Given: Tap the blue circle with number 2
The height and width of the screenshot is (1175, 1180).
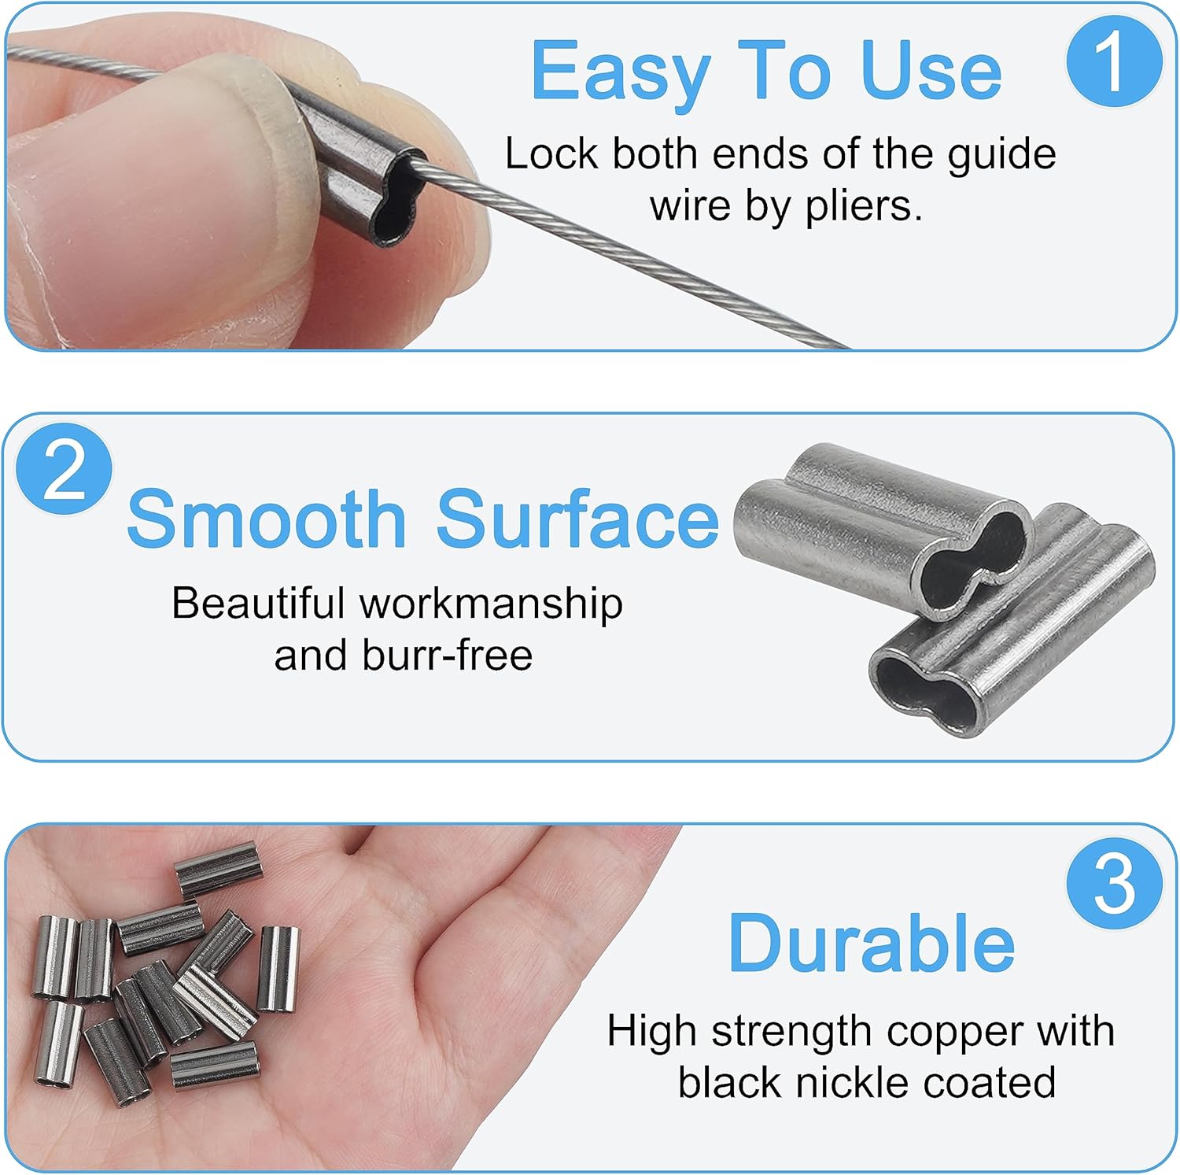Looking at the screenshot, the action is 65,470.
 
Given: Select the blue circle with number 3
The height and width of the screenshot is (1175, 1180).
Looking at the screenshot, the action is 1115,884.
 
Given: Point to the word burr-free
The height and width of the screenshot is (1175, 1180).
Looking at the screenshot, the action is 447,655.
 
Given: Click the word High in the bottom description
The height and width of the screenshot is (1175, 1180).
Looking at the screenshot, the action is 652,1032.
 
